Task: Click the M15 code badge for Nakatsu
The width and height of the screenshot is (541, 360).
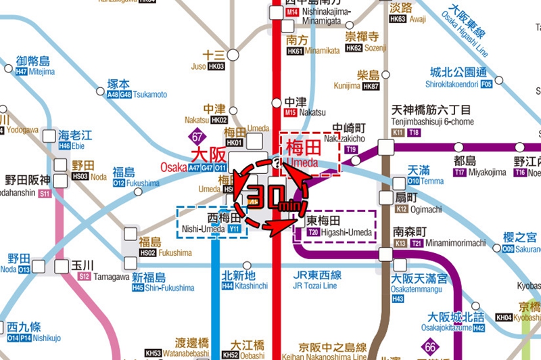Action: [x=291, y=112]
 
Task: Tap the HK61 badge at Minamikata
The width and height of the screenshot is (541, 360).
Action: [x=295, y=51]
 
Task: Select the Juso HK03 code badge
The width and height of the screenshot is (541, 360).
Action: [x=216, y=66]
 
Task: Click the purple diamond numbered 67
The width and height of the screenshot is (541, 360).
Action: [x=197, y=135]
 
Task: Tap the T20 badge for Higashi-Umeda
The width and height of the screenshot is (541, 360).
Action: [x=313, y=232]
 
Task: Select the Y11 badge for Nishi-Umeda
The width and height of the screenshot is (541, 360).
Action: [x=235, y=229]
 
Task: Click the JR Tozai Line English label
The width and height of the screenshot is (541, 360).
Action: [x=315, y=286]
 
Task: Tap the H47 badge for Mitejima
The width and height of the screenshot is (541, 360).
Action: [x=21, y=71]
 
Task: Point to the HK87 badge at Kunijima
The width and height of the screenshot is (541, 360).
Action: [x=371, y=86]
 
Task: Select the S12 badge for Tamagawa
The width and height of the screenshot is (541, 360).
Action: [x=84, y=276]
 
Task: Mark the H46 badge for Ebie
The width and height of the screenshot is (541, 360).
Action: [x=64, y=145]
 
